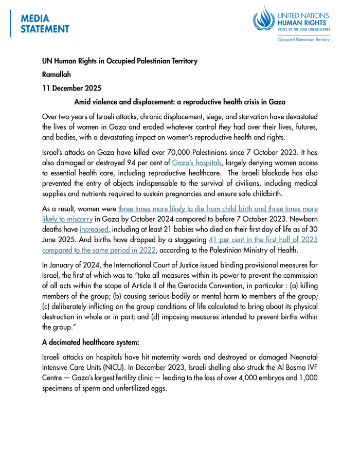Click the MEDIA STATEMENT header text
coord(45,24)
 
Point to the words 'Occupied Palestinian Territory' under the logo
coord(303,39)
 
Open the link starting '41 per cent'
coord(263,240)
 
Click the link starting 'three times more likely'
coord(218,209)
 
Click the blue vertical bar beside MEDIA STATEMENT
coord(11,24)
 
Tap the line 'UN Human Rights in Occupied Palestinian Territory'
coord(119,61)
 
